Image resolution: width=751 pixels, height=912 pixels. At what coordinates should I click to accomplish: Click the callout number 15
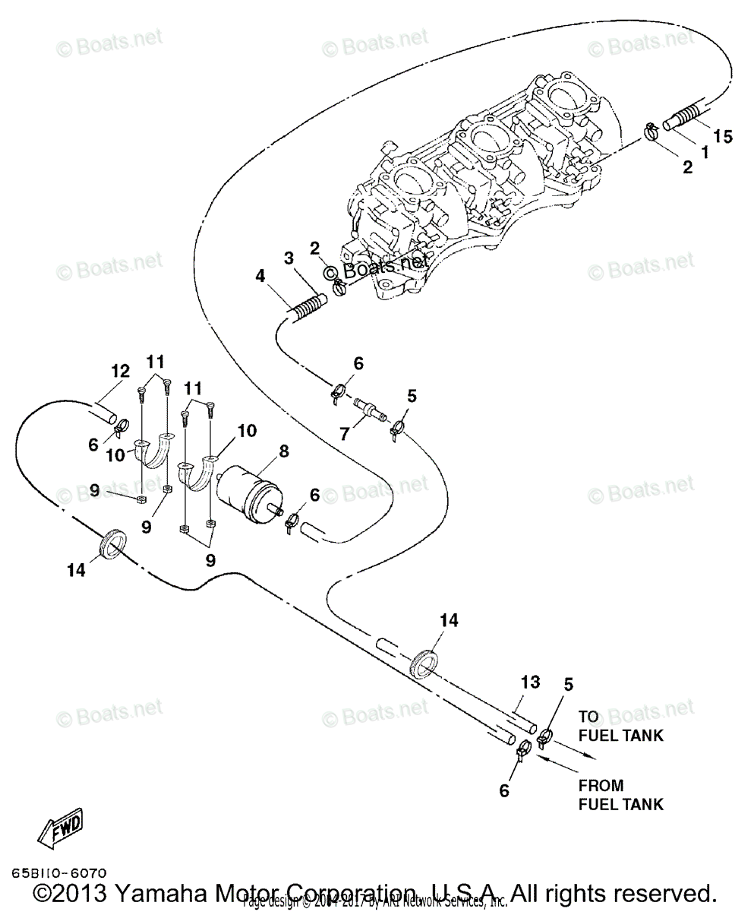724,137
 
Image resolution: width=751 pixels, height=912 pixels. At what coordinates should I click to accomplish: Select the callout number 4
260,277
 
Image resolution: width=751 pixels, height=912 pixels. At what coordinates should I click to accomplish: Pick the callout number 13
530,682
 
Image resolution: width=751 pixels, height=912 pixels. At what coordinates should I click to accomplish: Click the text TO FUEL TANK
620,726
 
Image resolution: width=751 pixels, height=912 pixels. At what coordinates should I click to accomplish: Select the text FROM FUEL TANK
620,795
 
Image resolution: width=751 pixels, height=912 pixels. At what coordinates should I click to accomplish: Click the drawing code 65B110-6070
58,874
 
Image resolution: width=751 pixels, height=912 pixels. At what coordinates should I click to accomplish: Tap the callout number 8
283,451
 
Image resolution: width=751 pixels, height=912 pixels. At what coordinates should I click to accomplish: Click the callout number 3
289,258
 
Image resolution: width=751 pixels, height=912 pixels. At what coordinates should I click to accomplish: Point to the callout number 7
344,434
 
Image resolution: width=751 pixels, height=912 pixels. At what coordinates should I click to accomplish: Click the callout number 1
704,152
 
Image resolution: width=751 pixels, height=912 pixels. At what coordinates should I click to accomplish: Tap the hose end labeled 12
104,415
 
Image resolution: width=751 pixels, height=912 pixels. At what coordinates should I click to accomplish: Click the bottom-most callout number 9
210,560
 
